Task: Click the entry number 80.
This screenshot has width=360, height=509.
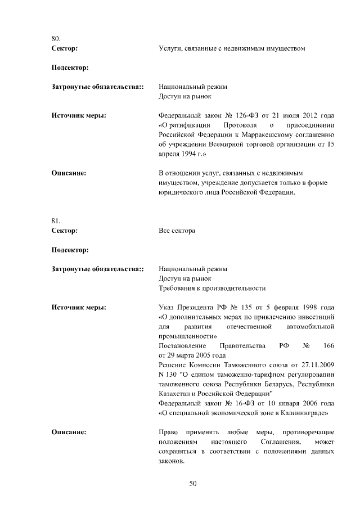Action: [56, 39]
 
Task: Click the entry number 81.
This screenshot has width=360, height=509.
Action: [56, 220]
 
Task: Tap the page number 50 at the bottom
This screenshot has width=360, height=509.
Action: [192, 483]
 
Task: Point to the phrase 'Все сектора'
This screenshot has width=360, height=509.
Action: [177, 231]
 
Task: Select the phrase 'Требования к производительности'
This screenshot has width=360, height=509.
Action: [212, 288]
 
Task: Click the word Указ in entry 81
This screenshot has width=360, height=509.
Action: [168, 308]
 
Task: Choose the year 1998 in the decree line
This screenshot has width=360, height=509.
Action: [304, 308]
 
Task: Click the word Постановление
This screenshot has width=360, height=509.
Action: [183, 345]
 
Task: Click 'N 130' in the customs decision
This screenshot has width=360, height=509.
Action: [169, 375]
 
